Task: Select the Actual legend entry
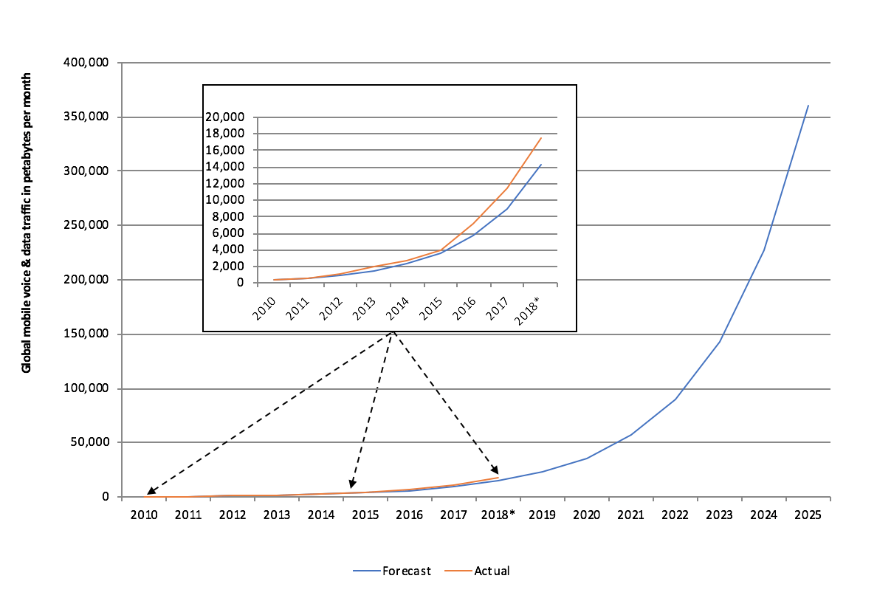point(492,571)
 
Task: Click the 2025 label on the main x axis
point(808,514)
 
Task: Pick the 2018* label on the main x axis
point(498,514)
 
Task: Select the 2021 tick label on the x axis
point(630,514)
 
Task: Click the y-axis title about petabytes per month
point(27,221)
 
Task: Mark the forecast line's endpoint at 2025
point(808,105)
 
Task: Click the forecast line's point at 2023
point(720,340)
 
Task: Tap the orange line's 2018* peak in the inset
point(541,137)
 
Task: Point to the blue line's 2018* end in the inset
point(541,165)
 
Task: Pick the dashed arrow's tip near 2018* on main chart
point(497,473)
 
